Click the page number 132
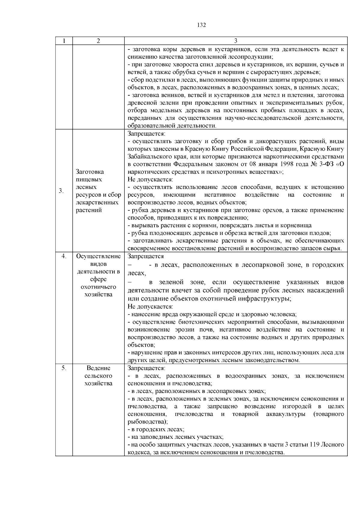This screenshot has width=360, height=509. [x=202, y=25]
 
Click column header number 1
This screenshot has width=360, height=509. [x=64, y=41]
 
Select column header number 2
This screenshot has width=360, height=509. [x=98, y=41]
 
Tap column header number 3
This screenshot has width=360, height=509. [x=235, y=41]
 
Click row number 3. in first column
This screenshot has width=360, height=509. [x=61, y=191]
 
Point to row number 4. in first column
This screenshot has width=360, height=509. [x=64, y=256]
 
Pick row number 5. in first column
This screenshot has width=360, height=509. [x=64, y=368]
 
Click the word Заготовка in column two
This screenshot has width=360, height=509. [x=90, y=172]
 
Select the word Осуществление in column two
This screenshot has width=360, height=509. [x=98, y=256]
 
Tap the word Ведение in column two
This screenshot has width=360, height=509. [x=98, y=368]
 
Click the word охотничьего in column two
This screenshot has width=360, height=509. [x=98, y=287]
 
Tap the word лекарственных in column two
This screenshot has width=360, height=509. [x=97, y=202]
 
